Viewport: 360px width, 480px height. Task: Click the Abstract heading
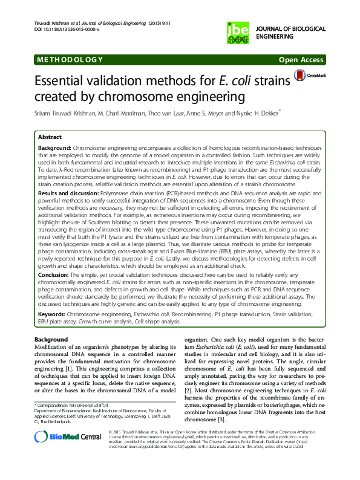tap(50, 137)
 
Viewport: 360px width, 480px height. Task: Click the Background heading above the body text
tap(51, 340)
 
